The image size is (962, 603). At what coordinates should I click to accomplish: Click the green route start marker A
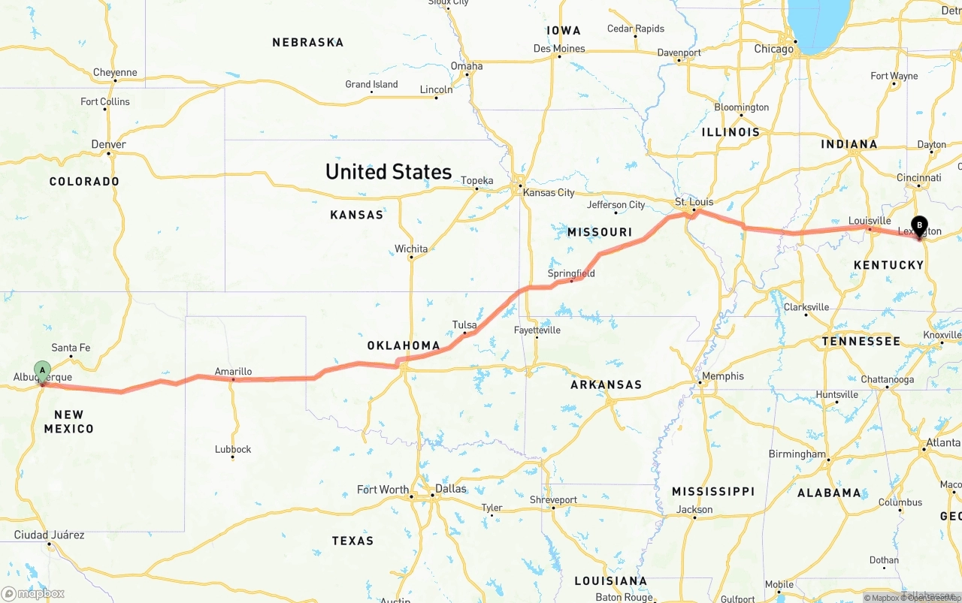[43, 369]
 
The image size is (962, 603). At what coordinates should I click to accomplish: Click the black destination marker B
[919, 225]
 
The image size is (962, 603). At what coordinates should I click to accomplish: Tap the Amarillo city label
[233, 371]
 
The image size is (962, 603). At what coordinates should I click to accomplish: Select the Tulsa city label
[464, 325]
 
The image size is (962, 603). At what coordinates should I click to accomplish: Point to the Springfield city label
[571, 273]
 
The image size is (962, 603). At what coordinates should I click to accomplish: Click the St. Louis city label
[694, 202]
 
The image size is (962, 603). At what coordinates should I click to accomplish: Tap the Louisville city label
[870, 221]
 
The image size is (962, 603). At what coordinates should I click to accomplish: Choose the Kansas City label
[549, 192]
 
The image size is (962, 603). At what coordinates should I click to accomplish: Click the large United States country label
[389, 172]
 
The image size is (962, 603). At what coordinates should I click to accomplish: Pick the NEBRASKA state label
[308, 43]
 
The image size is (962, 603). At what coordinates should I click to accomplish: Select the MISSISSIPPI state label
[713, 491]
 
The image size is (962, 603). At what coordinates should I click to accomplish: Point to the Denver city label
[108, 144]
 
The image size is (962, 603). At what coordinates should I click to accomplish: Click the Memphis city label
[722, 376]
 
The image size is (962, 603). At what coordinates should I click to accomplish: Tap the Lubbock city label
[233, 449]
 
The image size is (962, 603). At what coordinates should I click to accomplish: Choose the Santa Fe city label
[71, 348]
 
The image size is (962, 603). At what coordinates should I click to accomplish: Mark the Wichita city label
[411, 249]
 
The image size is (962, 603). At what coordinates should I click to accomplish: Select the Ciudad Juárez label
[50, 535]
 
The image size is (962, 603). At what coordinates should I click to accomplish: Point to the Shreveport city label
[553, 499]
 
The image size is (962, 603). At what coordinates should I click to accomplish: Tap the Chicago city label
[773, 49]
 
